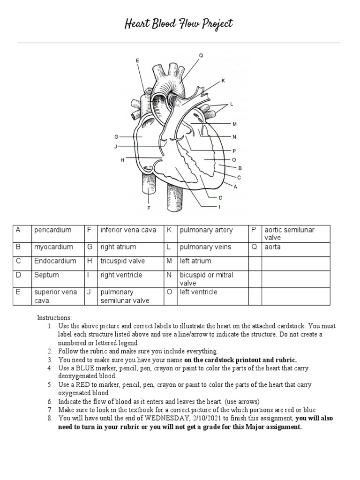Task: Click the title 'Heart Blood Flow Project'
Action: tap(179, 24)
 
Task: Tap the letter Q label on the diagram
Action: tap(201, 55)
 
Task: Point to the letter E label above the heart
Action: tap(137, 60)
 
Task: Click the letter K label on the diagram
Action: tap(223, 81)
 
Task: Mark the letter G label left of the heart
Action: tap(116, 137)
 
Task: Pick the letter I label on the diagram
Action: tap(219, 206)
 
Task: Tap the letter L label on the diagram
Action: tap(231, 103)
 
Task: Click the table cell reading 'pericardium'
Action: tap(52, 230)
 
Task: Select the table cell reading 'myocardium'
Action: tap(53, 247)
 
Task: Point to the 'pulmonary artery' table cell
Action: tap(206, 230)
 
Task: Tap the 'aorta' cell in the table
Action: tap(273, 247)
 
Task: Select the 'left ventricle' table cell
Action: tap(198, 292)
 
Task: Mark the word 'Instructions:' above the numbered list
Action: tap(55, 318)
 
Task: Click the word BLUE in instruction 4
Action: tap(88, 368)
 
